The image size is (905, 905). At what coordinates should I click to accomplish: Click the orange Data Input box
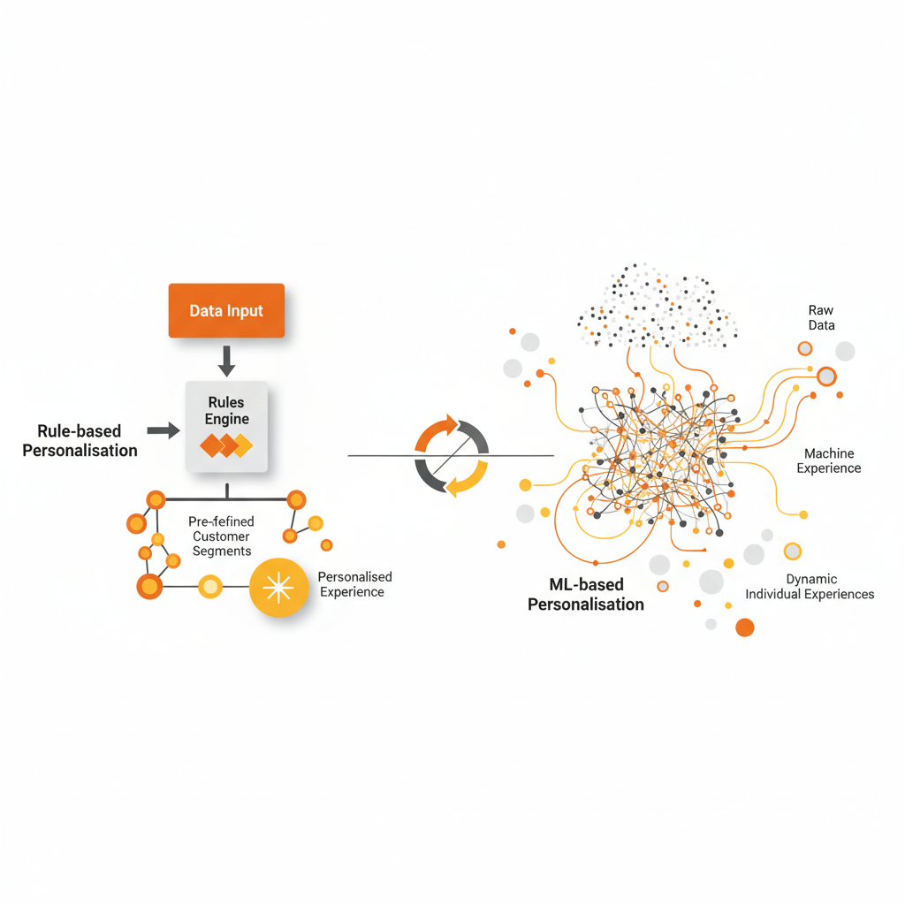click(226, 310)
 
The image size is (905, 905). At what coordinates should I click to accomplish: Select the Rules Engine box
click(226, 427)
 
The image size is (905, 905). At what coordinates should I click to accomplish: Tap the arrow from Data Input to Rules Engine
click(226, 361)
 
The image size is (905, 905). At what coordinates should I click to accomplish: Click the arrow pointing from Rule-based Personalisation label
click(164, 430)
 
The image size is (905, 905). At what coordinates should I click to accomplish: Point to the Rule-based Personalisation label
click(80, 440)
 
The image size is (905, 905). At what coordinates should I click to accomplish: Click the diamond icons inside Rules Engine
click(226, 445)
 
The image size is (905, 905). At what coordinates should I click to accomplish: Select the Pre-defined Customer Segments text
click(222, 536)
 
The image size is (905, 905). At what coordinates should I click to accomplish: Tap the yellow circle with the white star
click(278, 588)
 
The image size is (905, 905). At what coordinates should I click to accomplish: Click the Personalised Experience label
click(354, 584)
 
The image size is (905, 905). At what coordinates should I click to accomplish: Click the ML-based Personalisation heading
click(586, 595)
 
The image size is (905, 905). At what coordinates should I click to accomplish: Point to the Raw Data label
click(821, 317)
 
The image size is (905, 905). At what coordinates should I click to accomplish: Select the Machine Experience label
click(829, 460)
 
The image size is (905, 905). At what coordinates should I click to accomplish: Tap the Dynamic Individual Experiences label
click(810, 587)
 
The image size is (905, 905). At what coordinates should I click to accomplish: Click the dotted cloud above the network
click(658, 306)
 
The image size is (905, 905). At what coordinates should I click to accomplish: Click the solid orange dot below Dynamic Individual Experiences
click(745, 627)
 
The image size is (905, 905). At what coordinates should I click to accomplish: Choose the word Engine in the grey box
click(227, 418)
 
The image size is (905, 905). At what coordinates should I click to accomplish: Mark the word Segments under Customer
click(222, 551)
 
